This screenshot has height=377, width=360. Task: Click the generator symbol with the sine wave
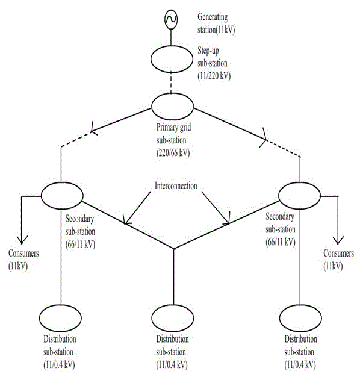coord(171,19)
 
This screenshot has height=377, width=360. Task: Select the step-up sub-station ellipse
coord(151,59)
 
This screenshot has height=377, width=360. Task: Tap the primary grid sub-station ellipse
coord(152,107)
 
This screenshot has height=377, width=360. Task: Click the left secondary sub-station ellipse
coord(42,196)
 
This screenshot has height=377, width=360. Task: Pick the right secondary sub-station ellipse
coord(279,196)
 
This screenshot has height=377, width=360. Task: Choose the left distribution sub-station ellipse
coord(40,318)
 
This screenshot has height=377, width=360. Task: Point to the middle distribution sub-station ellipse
coord(152,318)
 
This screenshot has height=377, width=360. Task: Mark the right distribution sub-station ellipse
coord(280,318)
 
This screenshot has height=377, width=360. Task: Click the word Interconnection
coord(176,185)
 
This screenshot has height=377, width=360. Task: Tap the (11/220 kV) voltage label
coord(214,76)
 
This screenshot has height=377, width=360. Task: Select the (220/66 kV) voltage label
coord(173,153)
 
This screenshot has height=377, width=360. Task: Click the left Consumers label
coord(23,253)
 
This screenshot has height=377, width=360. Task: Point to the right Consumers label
coord(338,253)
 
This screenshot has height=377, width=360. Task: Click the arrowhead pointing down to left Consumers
coord(22,240)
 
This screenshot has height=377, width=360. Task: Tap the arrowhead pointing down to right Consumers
coord(338,240)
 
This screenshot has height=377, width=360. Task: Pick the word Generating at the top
coord(213,17)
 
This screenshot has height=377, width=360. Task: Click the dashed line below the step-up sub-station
coord(171,83)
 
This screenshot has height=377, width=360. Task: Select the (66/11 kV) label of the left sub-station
coord(80,245)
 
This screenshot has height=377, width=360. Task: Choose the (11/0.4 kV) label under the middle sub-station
coord(172,365)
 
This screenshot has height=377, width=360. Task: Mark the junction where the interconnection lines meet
coord(174,249)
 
